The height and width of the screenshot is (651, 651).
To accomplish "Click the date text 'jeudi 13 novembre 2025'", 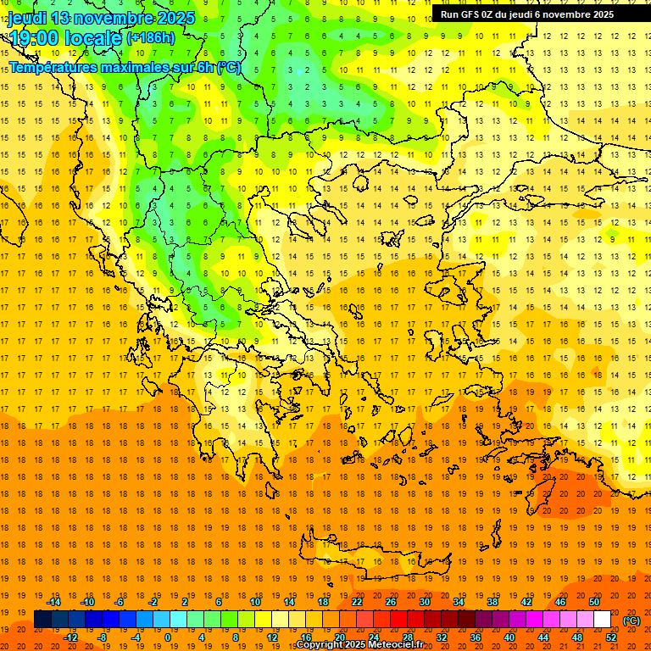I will (102, 18).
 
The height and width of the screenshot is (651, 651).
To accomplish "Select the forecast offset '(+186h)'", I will (151, 38).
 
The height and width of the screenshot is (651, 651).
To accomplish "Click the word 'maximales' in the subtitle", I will (136, 67).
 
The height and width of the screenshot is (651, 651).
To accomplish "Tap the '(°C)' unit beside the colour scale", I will (632, 620).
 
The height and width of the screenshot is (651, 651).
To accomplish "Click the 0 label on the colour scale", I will (168, 637).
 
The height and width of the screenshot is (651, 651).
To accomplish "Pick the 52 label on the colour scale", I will (611, 637).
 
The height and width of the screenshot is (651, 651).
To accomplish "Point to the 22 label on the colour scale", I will (357, 602).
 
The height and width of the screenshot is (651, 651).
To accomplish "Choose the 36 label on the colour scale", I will (475, 637).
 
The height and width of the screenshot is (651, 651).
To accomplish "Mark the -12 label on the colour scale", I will (71, 637).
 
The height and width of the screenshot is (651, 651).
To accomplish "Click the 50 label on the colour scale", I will (593, 602).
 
